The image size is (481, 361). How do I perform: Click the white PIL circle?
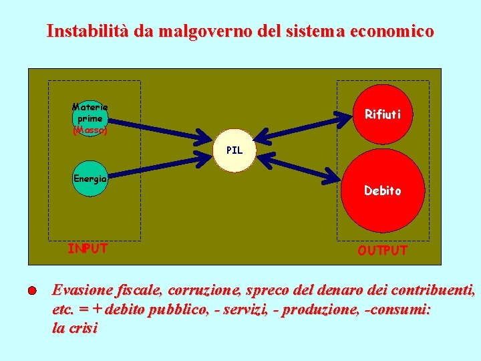(234, 150)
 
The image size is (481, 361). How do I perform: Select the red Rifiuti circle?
(382, 115)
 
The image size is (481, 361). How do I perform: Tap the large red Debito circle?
(382, 191)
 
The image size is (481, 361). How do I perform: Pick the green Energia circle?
(90, 179)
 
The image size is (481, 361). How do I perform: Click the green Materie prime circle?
(90, 119)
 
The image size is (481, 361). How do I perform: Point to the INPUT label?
(88, 249)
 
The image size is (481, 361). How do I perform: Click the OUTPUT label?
(382, 251)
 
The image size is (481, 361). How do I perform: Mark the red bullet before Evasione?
(33, 291)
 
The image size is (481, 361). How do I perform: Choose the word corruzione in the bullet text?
(205, 291)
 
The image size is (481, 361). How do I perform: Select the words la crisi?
(74, 328)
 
